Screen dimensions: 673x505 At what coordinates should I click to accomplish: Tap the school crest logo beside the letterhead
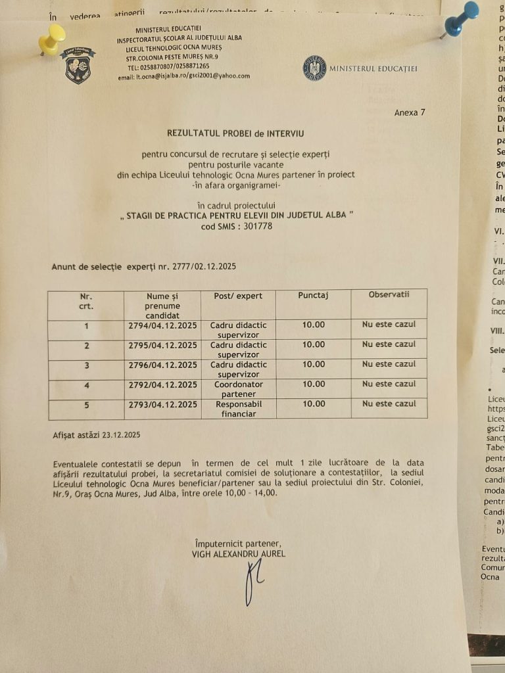[x=78, y=64]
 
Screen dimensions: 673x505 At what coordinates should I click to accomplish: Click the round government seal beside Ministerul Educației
[x=314, y=68]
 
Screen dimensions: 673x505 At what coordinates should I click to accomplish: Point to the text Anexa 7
[x=410, y=112]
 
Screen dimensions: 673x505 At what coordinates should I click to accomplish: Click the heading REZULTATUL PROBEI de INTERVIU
[x=235, y=133]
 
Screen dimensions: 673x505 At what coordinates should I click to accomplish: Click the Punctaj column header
[x=313, y=296]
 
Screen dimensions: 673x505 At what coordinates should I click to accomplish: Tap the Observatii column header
[x=389, y=294]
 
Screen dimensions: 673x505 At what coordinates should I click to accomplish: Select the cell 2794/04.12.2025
[x=162, y=325]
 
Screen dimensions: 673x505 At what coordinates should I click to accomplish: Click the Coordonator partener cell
[x=238, y=388]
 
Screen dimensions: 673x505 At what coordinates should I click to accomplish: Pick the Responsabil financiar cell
[x=238, y=409]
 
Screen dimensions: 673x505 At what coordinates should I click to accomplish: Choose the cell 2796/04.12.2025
[x=162, y=364]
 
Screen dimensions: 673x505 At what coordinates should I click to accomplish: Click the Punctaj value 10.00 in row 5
[x=313, y=404]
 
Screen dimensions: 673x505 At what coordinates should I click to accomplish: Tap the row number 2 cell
[x=87, y=345]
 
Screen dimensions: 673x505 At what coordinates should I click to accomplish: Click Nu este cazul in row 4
[x=389, y=384]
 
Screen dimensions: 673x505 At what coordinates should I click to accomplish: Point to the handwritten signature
[x=252, y=582]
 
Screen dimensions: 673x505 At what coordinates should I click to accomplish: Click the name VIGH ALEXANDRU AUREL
[x=239, y=554]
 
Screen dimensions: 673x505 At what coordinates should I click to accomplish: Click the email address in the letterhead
[x=193, y=76]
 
